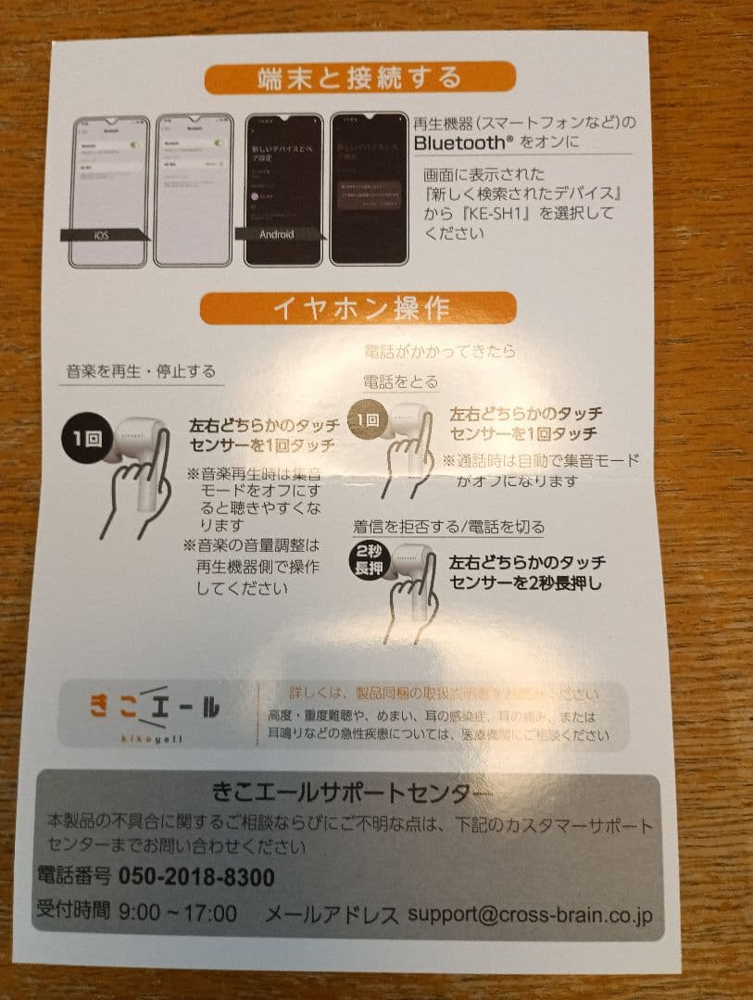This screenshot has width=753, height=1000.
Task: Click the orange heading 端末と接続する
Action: (359, 78)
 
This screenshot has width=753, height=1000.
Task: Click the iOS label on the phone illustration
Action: (102, 236)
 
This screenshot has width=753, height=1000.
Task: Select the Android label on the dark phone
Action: (276, 235)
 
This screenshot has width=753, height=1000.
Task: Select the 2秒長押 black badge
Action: (368, 560)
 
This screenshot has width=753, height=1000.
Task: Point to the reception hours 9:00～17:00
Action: (178, 913)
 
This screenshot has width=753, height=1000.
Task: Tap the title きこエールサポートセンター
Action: (346, 793)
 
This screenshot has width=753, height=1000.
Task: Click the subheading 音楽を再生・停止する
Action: (141, 372)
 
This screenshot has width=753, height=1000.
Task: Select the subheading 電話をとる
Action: (400, 381)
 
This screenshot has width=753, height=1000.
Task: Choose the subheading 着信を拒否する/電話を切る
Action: (448, 527)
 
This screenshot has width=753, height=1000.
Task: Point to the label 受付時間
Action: (73, 913)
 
